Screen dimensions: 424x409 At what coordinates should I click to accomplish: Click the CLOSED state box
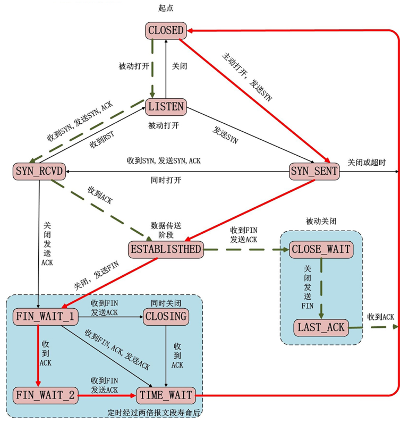[166, 30]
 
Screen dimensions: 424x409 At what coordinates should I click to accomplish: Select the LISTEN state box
[166, 106]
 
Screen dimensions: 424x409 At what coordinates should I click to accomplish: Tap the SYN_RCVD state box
[39, 171]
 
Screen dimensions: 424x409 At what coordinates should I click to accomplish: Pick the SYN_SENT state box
[314, 171]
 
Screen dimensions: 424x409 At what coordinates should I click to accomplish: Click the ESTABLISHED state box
[166, 249]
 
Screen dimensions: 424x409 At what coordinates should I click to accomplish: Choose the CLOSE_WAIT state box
[321, 249]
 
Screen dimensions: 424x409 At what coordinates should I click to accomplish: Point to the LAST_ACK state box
[321, 327]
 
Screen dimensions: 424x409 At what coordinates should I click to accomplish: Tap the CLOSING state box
[166, 317]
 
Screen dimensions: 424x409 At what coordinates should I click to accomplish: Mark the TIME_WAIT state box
[166, 395]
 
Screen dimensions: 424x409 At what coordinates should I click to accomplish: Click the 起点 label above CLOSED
[166, 8]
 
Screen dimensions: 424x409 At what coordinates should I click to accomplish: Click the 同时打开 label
[166, 180]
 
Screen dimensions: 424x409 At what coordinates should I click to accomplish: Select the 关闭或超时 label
[367, 162]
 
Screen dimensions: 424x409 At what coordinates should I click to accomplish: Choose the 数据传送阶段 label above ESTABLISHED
[166, 230]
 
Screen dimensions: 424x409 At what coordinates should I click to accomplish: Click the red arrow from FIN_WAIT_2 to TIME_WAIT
[106, 395]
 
